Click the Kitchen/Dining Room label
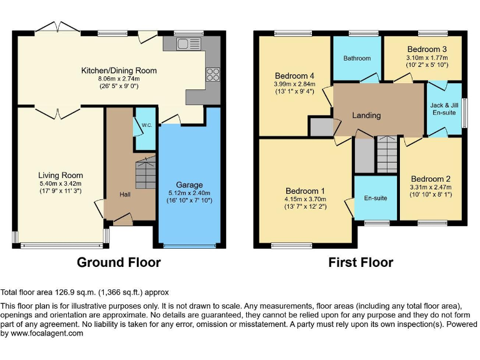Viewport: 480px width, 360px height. click(119, 71)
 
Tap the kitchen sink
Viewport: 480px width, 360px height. click(186, 44)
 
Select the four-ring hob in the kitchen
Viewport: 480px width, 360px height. click(212, 74)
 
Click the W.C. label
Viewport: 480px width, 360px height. click(146, 125)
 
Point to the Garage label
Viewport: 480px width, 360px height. click(189, 185)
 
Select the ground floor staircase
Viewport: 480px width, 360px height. click(146, 172)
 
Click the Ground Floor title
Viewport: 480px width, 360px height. click(119, 262)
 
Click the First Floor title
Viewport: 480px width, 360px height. click(361, 262)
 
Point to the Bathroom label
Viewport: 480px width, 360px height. click(357, 58)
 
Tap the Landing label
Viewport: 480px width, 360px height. click(366, 115)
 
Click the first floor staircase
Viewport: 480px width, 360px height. click(386, 155)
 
